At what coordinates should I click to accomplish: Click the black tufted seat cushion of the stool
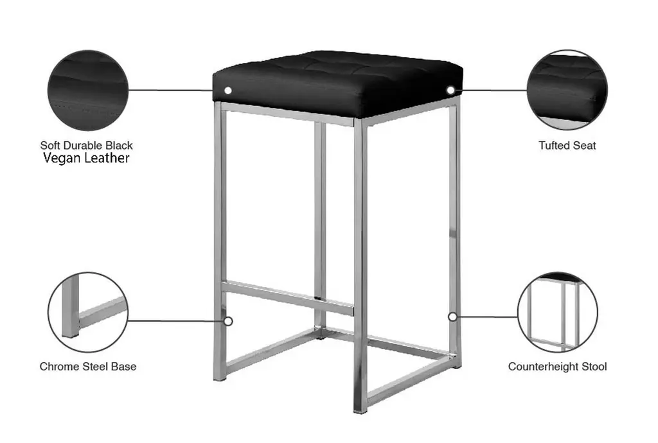338,84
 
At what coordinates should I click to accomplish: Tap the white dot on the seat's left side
228,91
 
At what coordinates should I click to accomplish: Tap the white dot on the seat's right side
450,90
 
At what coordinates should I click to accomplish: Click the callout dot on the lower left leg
228,321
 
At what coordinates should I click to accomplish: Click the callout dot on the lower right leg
452,317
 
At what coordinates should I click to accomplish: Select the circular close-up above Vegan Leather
87,90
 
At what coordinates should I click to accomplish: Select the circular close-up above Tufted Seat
567,90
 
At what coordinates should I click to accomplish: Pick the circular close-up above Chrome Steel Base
87,312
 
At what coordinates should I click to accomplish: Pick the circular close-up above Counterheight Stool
558,312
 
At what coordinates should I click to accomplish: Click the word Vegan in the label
62,159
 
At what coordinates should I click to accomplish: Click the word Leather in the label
107,158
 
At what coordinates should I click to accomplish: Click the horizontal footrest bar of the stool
287,298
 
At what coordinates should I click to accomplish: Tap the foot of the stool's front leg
360,410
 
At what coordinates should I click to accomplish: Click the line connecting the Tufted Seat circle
490,90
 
